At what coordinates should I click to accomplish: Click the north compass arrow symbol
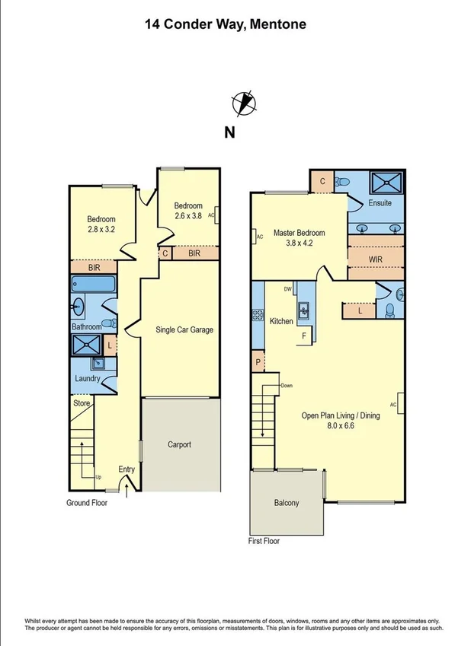coord(243,103)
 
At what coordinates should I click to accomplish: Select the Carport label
coord(179,444)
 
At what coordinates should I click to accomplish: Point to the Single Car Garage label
coord(184,329)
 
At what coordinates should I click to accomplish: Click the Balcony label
coord(287,503)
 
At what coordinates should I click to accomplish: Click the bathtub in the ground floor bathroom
coord(92,285)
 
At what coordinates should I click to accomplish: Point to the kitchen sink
coord(303,309)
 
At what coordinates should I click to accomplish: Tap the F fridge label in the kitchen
coord(303,336)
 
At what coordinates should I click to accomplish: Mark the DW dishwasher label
coord(287,289)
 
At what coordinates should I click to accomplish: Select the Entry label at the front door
coord(127,469)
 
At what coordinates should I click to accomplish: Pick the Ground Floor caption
coord(86,503)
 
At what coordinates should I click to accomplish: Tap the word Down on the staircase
coord(286,386)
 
